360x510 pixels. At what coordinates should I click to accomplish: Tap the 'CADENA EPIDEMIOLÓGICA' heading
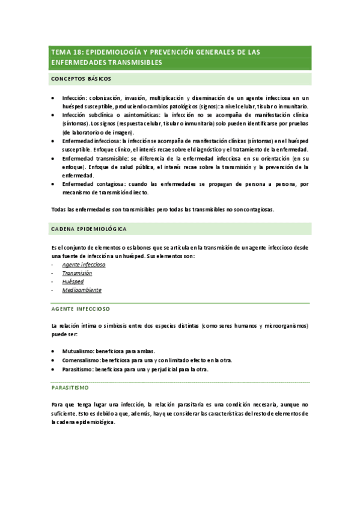(x=89, y=229)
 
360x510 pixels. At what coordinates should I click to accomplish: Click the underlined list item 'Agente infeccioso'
(x=84, y=264)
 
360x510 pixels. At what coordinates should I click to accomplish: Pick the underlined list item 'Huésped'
(x=73, y=281)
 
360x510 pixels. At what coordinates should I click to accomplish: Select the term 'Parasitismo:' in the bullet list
(x=78, y=369)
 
